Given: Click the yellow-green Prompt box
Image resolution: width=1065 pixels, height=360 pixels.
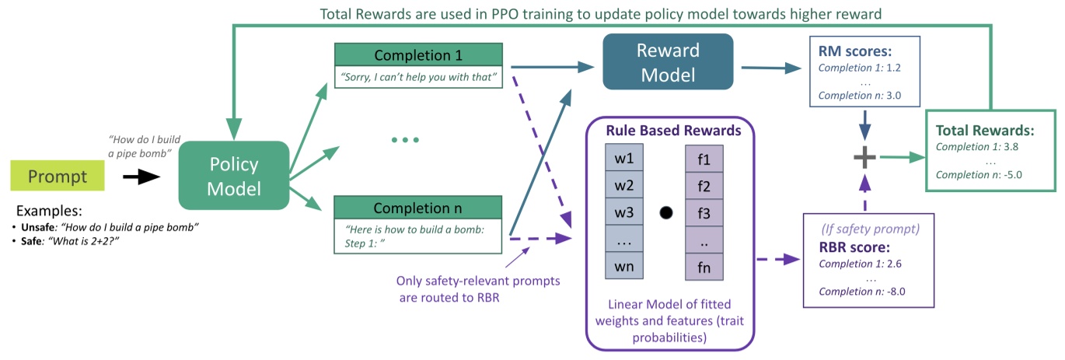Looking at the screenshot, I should pyautogui.click(x=57, y=177).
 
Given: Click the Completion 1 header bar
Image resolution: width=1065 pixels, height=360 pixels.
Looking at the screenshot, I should pyautogui.click(x=419, y=55).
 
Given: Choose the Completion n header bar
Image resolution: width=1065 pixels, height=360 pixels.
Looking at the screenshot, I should pyautogui.click(x=419, y=208).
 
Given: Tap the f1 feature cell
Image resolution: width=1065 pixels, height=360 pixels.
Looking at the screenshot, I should pyautogui.click(x=704, y=159).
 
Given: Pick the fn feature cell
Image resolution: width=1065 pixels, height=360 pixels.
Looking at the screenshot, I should pyautogui.click(x=704, y=266).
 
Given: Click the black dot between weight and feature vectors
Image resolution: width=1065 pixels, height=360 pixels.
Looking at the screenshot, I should pyautogui.click(x=665, y=212).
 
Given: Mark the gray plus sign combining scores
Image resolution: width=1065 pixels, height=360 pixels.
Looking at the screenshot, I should pyautogui.click(x=865, y=157).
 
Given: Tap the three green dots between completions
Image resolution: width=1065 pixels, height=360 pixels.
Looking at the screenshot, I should pyautogui.click(x=405, y=140).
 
